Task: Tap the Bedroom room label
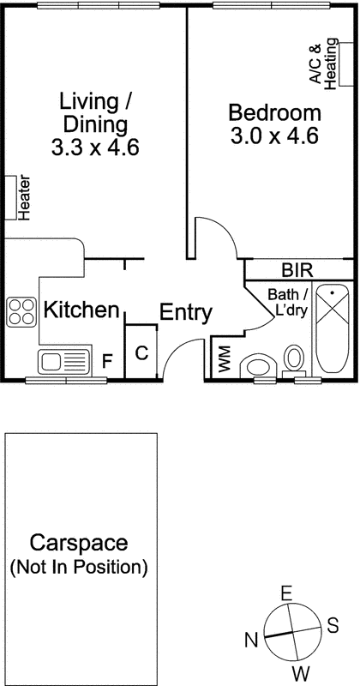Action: [x=275, y=112]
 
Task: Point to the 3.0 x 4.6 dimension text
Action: [x=275, y=135]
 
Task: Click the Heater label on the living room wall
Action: [x=24, y=197]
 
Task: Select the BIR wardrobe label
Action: [x=297, y=271]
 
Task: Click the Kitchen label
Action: [x=81, y=310]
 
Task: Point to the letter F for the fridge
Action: [x=107, y=361]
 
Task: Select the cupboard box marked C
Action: [x=142, y=352]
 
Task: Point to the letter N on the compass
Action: [x=251, y=639]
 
